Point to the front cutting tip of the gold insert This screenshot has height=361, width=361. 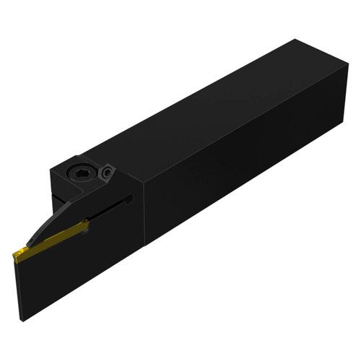[14, 253]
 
